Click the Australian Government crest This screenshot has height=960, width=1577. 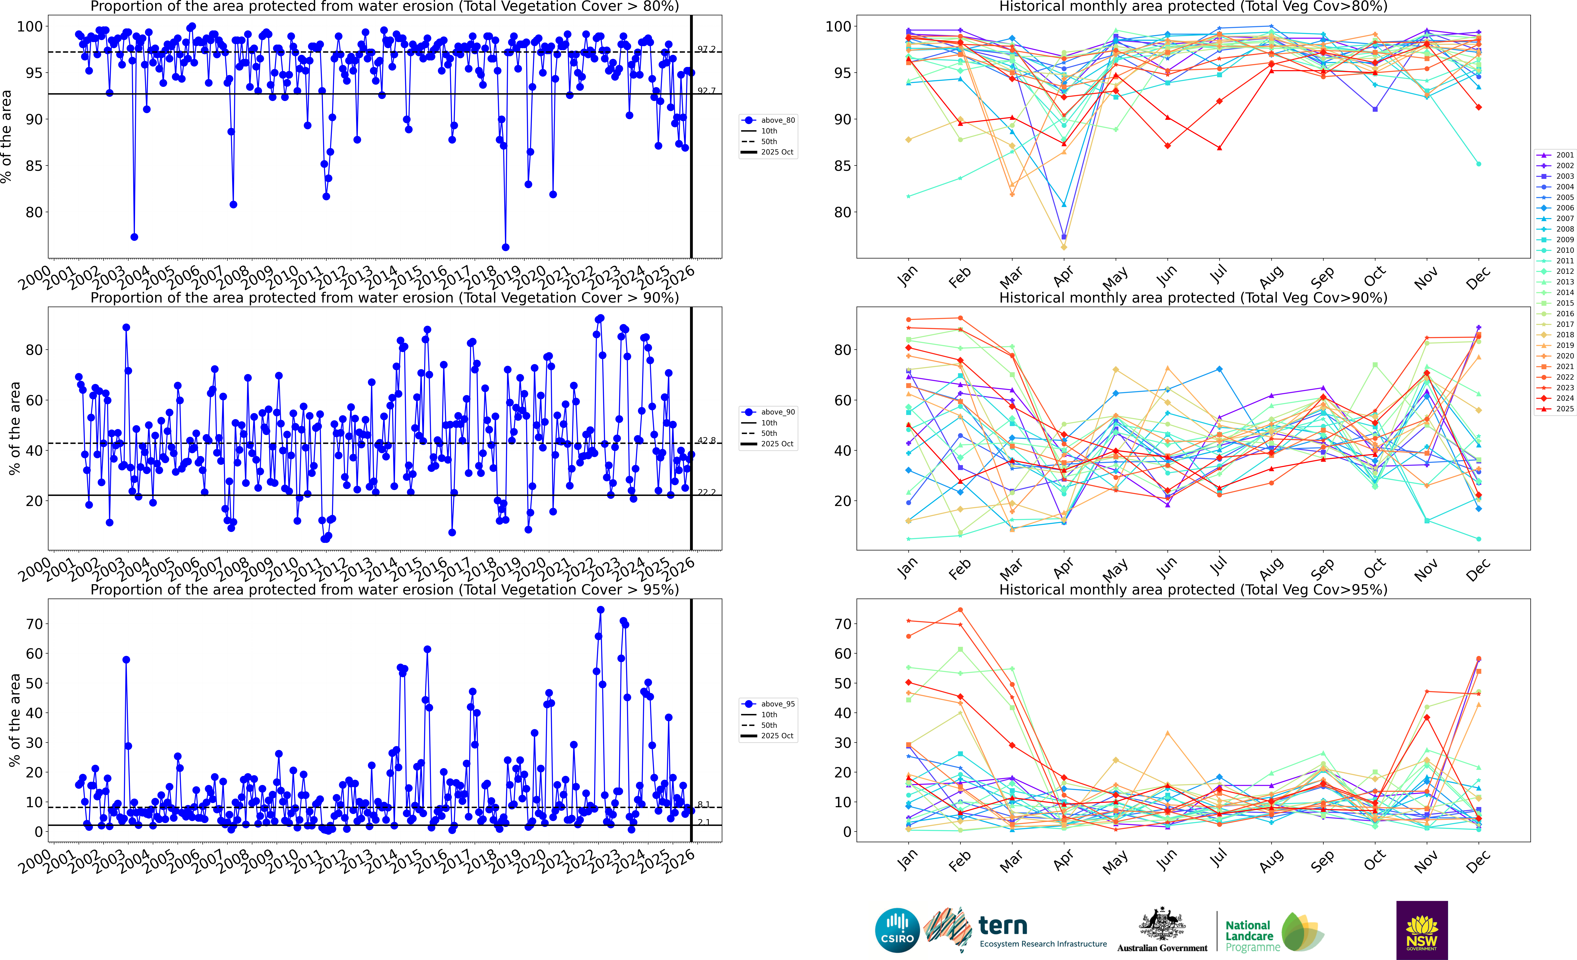[x=1162, y=925]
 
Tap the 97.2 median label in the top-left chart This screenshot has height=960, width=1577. [x=706, y=49]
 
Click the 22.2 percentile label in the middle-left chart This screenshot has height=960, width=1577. [x=706, y=492]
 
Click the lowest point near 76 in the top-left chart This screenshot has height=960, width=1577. [x=506, y=247]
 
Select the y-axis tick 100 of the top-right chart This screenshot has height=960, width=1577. [x=838, y=27]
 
